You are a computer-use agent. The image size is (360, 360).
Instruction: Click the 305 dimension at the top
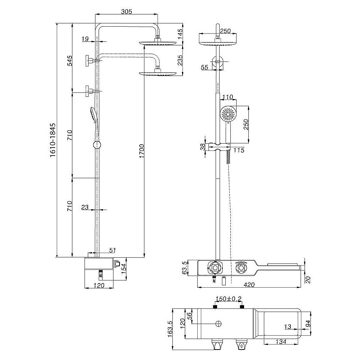point(126,11)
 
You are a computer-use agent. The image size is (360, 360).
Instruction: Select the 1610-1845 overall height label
point(53,140)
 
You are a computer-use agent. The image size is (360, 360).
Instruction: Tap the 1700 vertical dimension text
point(141,151)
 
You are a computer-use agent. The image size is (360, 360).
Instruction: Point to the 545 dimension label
point(70,60)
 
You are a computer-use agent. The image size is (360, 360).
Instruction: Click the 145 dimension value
point(180,33)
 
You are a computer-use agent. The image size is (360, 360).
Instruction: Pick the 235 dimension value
point(180,60)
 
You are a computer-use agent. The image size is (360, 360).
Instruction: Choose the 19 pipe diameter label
point(85,39)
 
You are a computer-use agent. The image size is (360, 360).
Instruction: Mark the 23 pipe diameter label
point(85,207)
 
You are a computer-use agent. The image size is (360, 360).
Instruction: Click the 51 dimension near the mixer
point(112,250)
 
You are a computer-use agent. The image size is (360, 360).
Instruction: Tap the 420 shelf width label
point(249,285)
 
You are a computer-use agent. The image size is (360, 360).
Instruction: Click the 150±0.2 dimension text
point(228,299)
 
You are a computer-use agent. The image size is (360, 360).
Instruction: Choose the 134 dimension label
point(281,342)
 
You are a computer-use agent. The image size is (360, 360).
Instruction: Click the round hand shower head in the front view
point(228,114)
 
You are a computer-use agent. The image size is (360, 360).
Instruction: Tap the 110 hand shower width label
point(228,97)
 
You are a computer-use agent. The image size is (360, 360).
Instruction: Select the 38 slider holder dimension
point(202,147)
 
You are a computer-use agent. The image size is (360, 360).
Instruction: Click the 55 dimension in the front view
point(204,67)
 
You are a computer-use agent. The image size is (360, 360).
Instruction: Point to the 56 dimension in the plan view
point(189,316)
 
